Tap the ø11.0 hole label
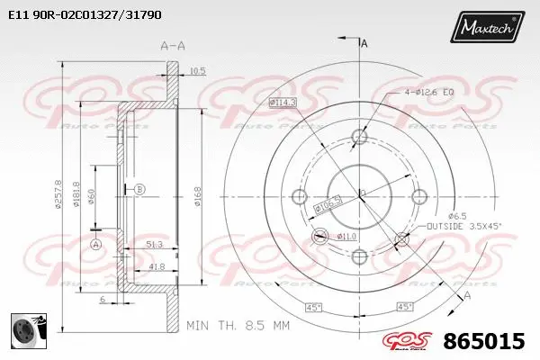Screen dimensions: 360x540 click(x=346, y=236)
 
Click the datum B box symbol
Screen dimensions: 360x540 click(x=139, y=189)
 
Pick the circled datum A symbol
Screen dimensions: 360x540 click(x=96, y=244)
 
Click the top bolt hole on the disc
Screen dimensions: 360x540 click(x=359, y=137)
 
